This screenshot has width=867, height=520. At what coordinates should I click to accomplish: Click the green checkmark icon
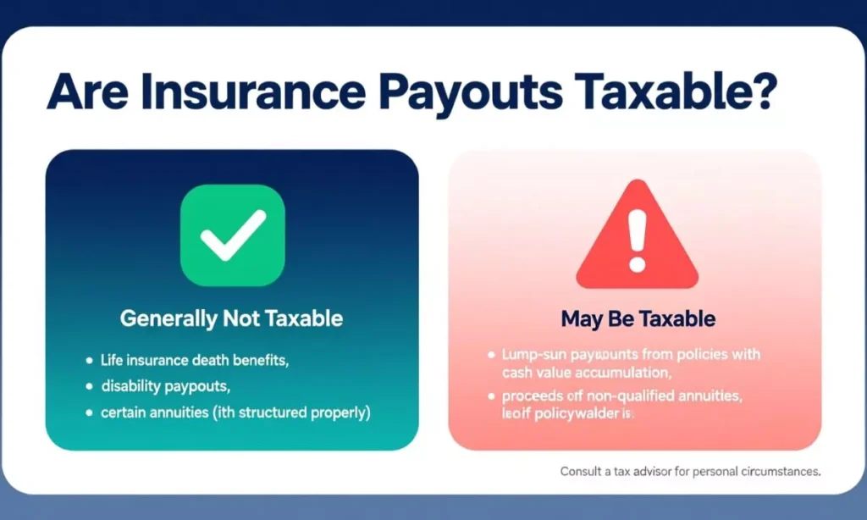coord(232,235)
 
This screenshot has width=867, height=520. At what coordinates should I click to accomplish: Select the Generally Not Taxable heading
coord(231,319)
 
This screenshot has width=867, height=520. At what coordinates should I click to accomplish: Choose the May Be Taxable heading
coord(638,319)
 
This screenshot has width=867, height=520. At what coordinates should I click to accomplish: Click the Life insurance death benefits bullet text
coord(195,360)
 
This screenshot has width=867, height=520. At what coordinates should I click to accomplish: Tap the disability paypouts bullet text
coord(166,386)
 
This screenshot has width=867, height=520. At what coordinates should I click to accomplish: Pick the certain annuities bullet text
coord(235,413)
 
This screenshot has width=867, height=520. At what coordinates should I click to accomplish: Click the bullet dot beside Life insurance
coord(89,361)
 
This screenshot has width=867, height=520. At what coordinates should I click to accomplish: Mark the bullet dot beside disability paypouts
coord(89,387)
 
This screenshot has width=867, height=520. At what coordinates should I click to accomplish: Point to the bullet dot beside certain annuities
coord(89,414)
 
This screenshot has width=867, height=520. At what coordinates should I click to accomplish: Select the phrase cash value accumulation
coord(575,372)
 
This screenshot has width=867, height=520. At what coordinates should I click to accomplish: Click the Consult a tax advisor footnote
coord(690,472)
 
